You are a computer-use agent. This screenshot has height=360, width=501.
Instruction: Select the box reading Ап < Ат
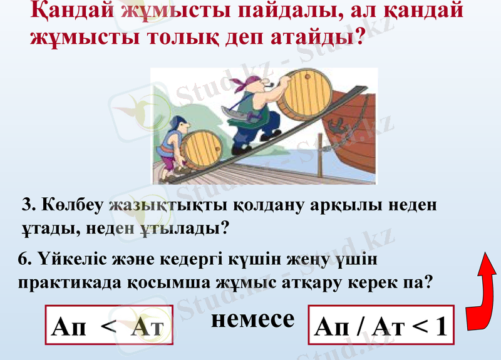pos(108,326)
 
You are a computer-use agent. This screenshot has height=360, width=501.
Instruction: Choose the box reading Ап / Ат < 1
pos(381,326)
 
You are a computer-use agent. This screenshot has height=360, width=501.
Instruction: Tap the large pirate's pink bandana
pos(245,84)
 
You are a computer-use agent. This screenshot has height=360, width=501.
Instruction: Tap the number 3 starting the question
pos(27,205)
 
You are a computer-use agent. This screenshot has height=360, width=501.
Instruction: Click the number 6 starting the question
pos(23,258)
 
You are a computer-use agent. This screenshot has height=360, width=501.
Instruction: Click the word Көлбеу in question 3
pos(74,205)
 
